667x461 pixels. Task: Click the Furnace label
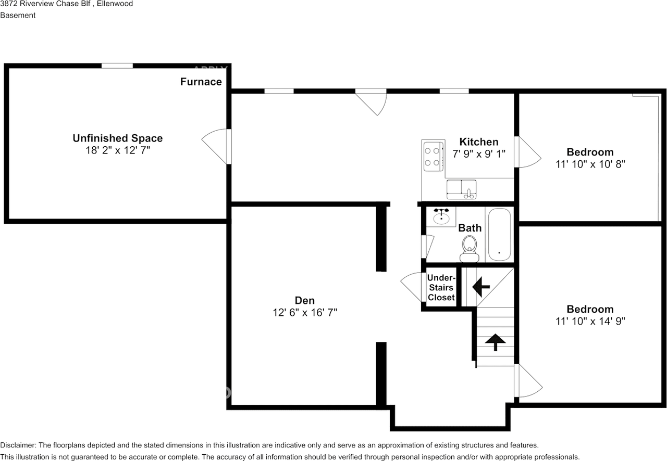click(x=201, y=82)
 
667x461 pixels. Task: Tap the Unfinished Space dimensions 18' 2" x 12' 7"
click(x=118, y=150)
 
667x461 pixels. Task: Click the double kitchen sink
click(x=461, y=189)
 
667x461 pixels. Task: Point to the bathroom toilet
click(x=470, y=249)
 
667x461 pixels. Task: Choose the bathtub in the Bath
click(x=499, y=234)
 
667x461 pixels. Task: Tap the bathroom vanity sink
click(x=441, y=216)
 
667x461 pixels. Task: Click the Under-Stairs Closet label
click(x=441, y=288)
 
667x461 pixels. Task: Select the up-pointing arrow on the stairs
click(x=495, y=342)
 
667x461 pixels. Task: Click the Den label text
click(x=305, y=300)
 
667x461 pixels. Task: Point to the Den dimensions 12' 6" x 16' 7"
click(x=305, y=313)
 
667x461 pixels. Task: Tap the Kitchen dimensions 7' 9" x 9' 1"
click(x=479, y=154)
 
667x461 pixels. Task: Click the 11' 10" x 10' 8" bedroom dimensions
click(x=590, y=164)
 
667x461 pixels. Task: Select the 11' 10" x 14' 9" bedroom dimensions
click(x=590, y=321)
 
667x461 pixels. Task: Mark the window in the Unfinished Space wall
click(x=117, y=66)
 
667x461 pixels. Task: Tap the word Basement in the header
click(x=18, y=15)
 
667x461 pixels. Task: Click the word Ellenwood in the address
click(x=115, y=4)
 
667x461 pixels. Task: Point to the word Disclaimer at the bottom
click(x=18, y=445)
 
